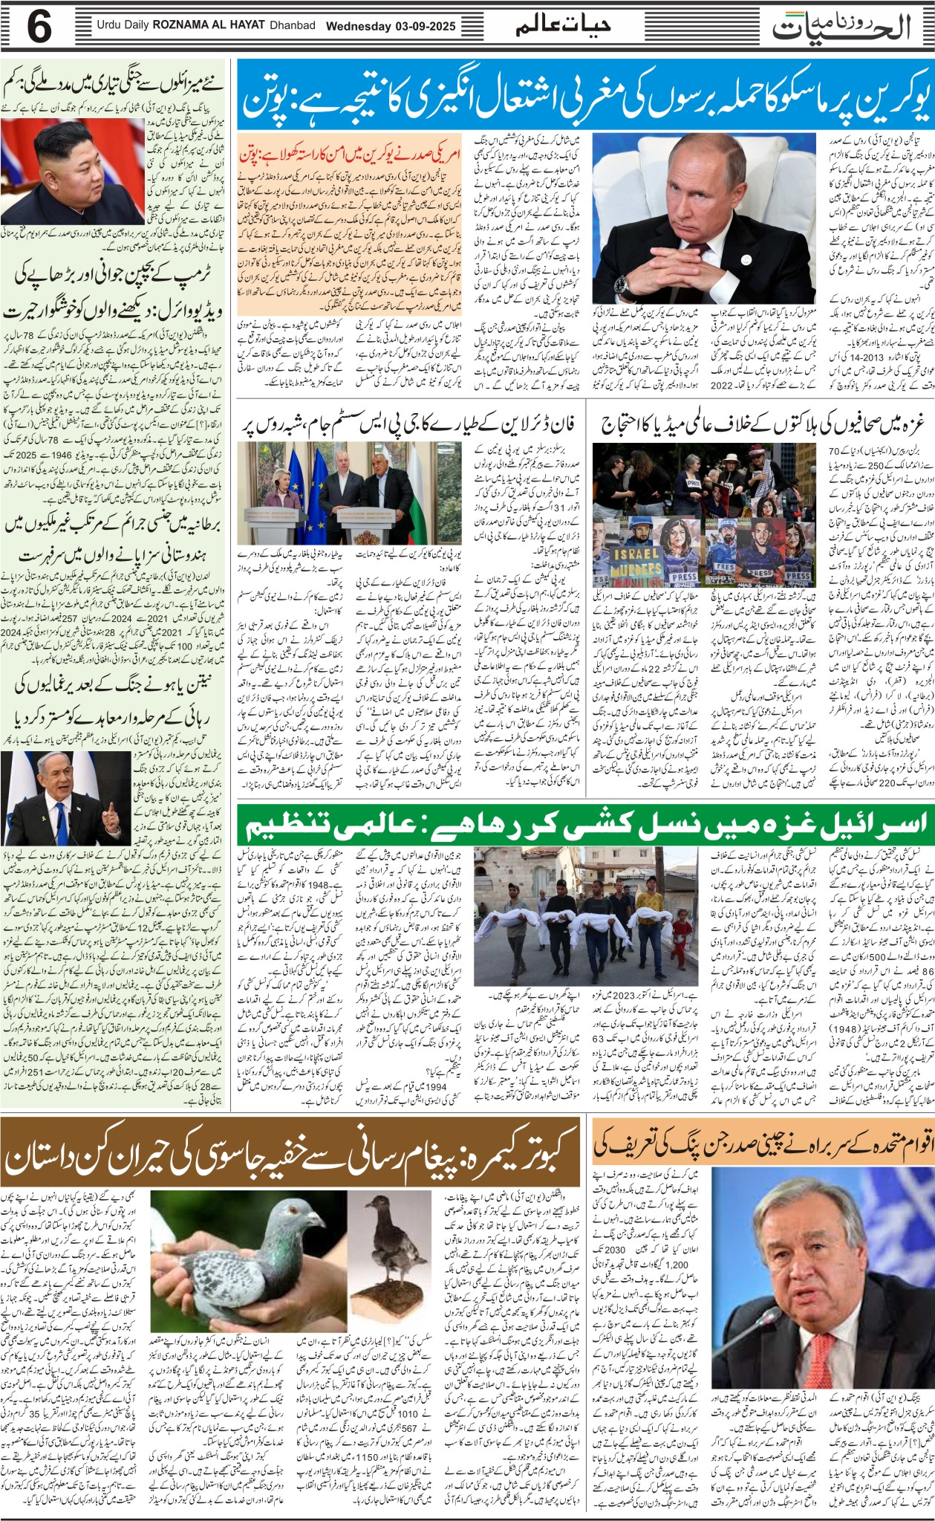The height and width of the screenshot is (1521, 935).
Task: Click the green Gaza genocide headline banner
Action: [x=583, y=824]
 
